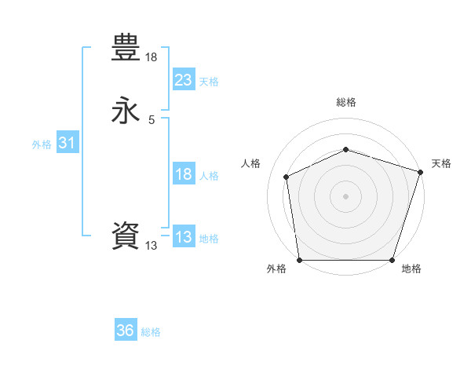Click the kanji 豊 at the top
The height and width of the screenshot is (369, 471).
[126, 49]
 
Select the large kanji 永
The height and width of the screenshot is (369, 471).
[126, 111]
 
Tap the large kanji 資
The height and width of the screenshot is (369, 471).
[126, 236]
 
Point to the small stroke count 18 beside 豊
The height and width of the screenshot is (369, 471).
[152, 57]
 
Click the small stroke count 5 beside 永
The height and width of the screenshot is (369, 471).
[152, 119]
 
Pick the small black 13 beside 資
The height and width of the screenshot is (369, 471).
[152, 246]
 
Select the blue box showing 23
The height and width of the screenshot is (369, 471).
[183, 80]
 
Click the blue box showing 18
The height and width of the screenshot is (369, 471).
[183, 174]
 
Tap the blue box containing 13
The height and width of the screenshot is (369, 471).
[183, 237]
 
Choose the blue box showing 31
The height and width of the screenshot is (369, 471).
[67, 143]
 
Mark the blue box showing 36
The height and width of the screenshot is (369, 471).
[126, 331]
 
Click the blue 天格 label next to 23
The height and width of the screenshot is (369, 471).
[209, 82]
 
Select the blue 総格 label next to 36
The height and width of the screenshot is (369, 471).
[151, 332]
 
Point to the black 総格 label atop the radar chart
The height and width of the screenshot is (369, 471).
[345, 102]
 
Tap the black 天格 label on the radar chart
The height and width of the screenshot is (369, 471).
[441, 163]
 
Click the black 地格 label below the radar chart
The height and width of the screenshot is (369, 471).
[411, 269]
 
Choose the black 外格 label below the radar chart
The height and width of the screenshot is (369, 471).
[276, 269]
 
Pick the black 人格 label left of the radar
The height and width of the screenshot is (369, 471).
[250, 163]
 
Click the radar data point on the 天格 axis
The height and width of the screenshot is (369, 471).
[421, 171]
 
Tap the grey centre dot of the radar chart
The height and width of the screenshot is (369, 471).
[345, 195]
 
